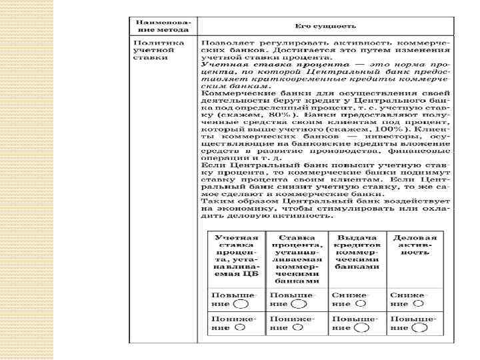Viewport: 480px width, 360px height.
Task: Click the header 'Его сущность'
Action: (x=326, y=26)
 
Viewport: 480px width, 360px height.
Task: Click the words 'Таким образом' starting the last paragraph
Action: (x=233, y=200)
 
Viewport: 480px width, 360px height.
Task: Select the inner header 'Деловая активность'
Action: (x=415, y=245)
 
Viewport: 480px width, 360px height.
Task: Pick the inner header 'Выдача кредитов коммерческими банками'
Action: (x=357, y=252)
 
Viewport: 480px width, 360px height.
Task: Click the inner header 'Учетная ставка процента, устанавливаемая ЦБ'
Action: (x=236, y=255)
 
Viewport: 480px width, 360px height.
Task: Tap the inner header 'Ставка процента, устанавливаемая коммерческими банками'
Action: (x=297, y=259)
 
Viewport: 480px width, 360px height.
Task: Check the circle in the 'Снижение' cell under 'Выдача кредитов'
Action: (x=361, y=303)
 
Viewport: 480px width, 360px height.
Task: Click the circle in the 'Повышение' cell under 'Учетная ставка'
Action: (x=241, y=303)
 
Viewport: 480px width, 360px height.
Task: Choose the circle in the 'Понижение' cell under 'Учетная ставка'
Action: (x=238, y=327)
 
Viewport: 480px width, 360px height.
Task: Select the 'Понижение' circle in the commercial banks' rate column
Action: (x=298, y=327)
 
